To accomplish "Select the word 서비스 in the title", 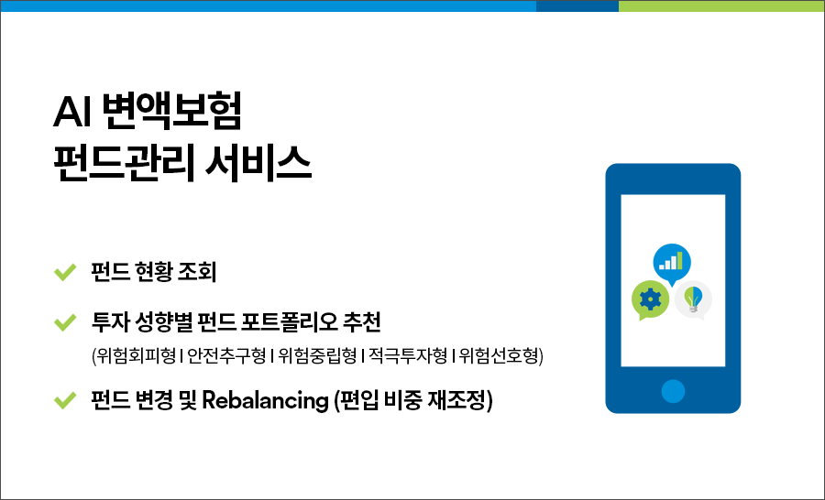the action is click(x=258, y=163).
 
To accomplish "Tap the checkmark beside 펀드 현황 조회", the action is click(x=65, y=272).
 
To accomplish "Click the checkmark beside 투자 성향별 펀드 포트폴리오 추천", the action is click(x=65, y=322).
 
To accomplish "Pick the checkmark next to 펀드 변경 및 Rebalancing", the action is click(x=65, y=400).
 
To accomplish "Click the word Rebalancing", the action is click(x=265, y=400).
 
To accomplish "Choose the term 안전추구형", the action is click(x=226, y=356).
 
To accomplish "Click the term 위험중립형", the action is click(x=317, y=356).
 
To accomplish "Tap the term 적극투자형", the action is click(x=408, y=356).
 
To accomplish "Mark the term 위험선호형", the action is click(x=499, y=356).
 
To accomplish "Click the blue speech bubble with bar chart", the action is click(x=672, y=264).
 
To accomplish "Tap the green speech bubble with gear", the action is click(x=650, y=299).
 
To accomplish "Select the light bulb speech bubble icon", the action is click(x=693, y=299).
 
